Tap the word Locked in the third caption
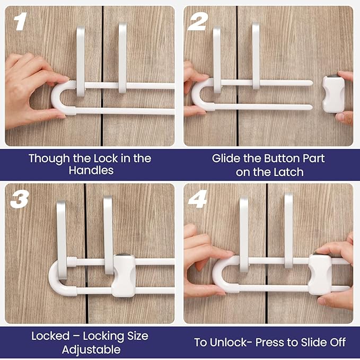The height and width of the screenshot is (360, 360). click(51, 337)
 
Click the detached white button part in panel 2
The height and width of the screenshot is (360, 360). click(333, 94)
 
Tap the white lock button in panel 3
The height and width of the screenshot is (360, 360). click(124, 275)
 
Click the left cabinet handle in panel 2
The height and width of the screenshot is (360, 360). click(217, 58)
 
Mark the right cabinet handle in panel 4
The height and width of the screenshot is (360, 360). click(288, 228)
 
